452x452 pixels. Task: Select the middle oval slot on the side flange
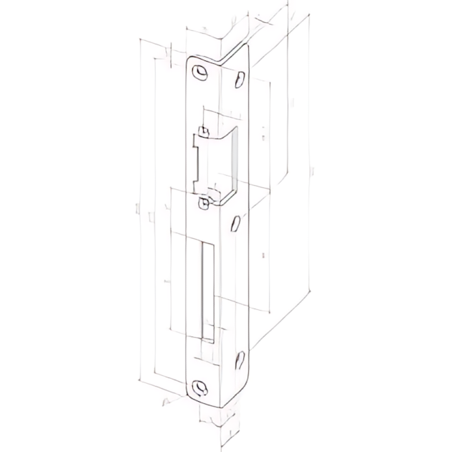point(234,225)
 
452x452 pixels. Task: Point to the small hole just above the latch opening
point(204,132)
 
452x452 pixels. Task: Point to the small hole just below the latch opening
point(204,204)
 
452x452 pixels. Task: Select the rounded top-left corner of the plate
point(192,60)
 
